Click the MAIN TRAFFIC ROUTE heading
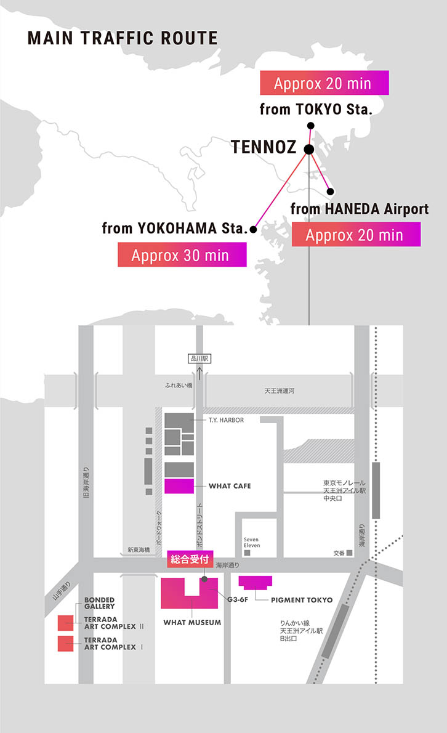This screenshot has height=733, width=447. pos(123,38)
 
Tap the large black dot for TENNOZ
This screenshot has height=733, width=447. pos(309,149)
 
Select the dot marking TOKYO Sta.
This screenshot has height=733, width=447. pos(311,126)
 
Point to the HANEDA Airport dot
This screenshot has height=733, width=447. pos(330,191)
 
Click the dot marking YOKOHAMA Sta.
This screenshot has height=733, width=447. pos(252,228)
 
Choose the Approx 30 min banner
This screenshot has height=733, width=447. pos(182,254)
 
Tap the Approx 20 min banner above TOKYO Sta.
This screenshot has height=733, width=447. pos(324,83)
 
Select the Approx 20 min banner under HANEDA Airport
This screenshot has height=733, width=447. pos(355,234)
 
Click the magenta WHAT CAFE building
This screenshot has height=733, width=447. pos(179,486)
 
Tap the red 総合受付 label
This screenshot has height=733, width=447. pos(190,562)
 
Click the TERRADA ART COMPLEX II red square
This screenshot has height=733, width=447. pos(66,622)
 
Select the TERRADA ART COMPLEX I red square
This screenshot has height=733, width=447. pos(66,644)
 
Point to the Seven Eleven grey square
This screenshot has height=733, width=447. pos(248,553)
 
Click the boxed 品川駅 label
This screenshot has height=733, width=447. pos(199,358)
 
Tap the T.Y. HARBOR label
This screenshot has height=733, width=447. pos(226,420)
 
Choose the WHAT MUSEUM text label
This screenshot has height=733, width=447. pos(192,623)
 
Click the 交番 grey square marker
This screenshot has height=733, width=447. pos(350,553)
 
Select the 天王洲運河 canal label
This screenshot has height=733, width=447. pos(280,391)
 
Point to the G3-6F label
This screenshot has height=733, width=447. pos(238,599)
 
